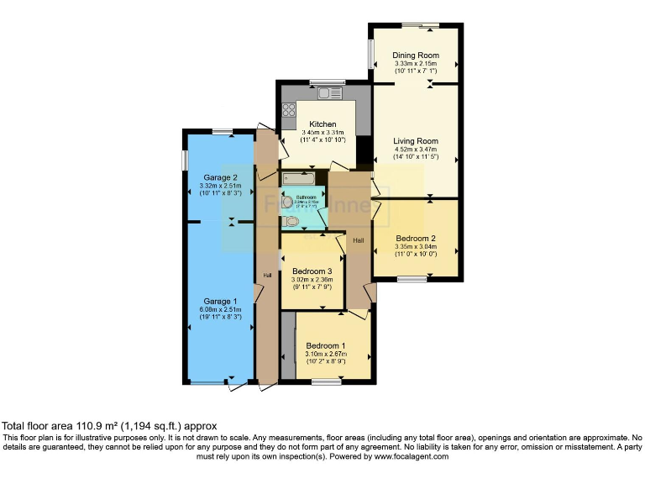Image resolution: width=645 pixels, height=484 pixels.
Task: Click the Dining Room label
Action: pyautogui.click(x=416, y=55)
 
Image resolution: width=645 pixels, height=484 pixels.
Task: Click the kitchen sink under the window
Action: pyautogui.click(x=322, y=92)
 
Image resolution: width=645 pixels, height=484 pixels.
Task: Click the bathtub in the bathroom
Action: pyautogui.click(x=298, y=178)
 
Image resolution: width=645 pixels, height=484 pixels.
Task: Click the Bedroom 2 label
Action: pyautogui.click(x=416, y=238)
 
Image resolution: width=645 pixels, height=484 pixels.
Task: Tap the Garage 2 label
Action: pyautogui.click(x=218, y=177)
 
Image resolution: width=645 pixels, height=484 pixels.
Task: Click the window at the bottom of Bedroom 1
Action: pyautogui.click(x=326, y=381)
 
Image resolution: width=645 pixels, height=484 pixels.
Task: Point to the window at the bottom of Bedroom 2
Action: pyautogui.click(x=412, y=280)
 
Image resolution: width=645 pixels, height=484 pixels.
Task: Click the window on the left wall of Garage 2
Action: pyautogui.click(x=184, y=160)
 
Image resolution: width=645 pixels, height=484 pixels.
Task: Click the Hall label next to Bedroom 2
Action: pyautogui.click(x=358, y=240)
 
